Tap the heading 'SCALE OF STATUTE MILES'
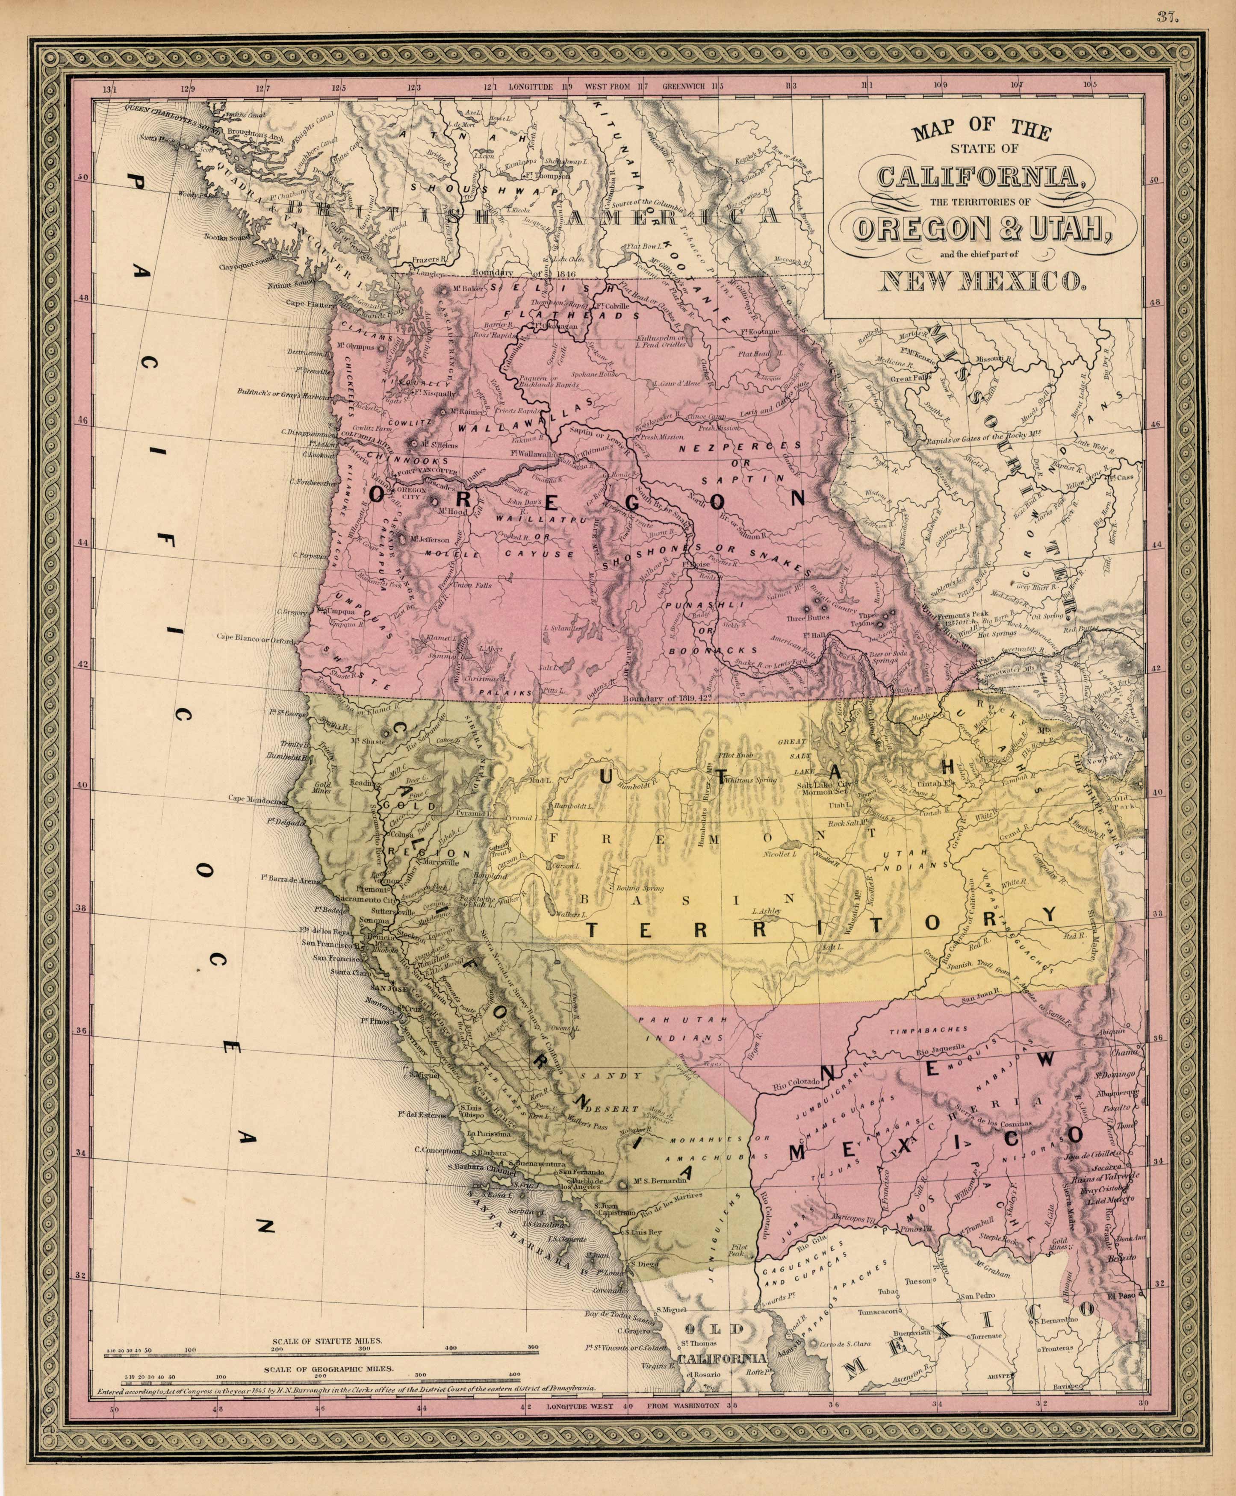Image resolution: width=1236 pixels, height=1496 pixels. (x=327, y=1340)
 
